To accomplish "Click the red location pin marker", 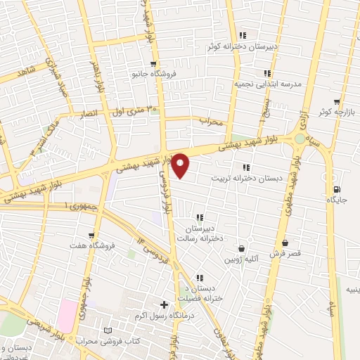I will (181, 166).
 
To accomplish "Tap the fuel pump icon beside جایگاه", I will (336, 189).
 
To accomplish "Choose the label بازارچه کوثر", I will (332, 112).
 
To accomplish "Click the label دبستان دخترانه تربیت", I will (247, 179).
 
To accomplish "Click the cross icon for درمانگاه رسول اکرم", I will (165, 305).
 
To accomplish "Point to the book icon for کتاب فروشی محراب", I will (107, 330).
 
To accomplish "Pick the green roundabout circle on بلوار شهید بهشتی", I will (301, 139).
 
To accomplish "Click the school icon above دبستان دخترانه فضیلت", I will (200, 278).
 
